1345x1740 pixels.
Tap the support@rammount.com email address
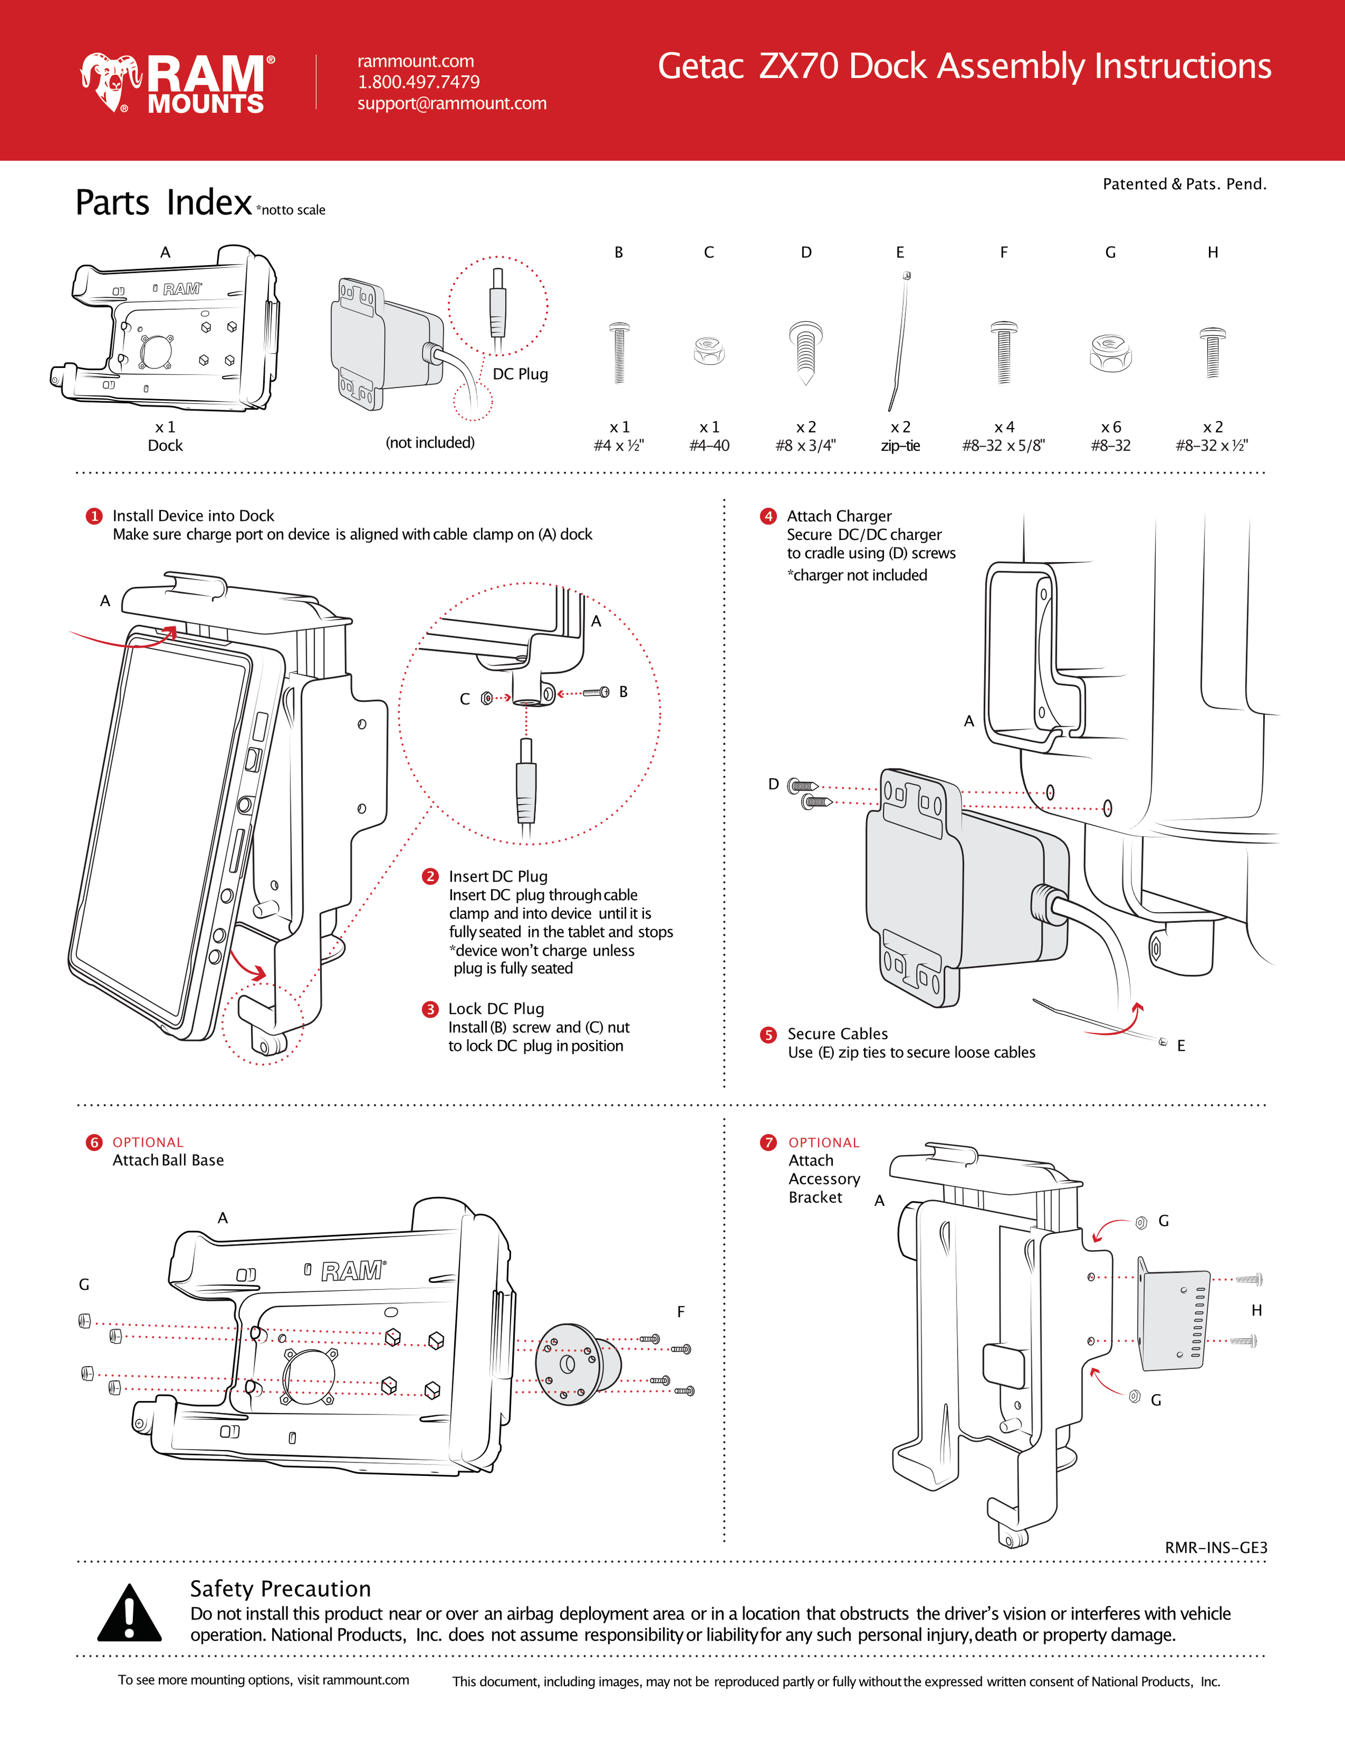452,104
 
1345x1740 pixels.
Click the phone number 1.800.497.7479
419,82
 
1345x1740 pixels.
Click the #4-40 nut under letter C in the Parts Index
709,351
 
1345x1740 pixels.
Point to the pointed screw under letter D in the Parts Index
805,351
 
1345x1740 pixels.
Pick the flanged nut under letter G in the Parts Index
1110,352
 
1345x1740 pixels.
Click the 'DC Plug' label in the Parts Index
520,374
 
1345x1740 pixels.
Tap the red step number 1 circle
94,516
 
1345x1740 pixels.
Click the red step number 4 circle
768,516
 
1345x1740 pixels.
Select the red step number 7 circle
768,1142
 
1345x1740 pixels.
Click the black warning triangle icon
129,1613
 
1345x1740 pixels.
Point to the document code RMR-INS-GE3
1216,1547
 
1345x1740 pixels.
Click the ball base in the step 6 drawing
578,1365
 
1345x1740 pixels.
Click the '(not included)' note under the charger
430,442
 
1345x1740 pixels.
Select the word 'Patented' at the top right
1135,184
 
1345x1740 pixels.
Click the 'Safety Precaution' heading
280,1589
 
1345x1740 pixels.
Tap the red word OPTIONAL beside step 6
148,1142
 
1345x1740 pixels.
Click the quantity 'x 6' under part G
1111,427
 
